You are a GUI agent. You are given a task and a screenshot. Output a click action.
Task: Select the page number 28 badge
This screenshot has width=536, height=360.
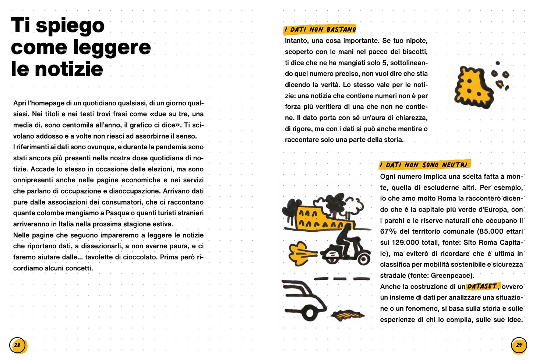(17, 345)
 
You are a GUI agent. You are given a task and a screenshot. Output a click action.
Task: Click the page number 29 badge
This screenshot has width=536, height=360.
(519, 345)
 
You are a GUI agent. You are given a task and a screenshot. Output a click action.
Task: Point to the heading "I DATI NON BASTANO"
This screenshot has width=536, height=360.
(320, 29)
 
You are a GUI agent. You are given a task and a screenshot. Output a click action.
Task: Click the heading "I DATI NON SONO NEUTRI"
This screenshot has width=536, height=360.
(424, 165)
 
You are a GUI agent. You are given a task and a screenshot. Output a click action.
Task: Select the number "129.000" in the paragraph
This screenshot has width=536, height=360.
(406, 242)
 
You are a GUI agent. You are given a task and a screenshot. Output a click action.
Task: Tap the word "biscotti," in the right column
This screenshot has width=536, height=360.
(412, 52)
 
